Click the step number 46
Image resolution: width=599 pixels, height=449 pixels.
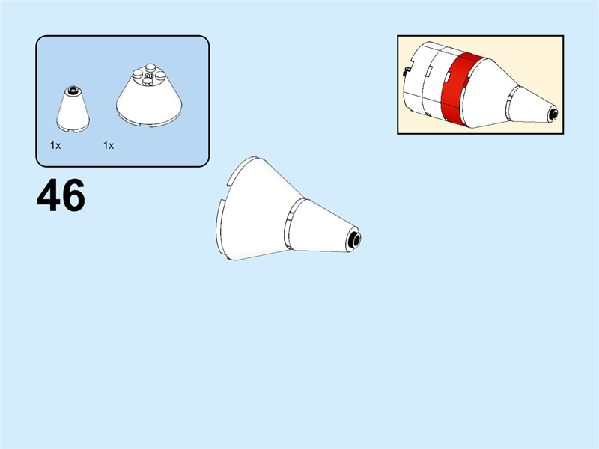click(61, 196)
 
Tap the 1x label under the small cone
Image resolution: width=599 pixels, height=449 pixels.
click(55, 146)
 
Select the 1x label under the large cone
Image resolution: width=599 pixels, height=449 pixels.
click(109, 146)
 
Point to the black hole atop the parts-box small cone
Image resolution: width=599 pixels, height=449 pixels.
click(73, 91)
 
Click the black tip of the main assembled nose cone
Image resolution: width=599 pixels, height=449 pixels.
click(355, 240)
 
